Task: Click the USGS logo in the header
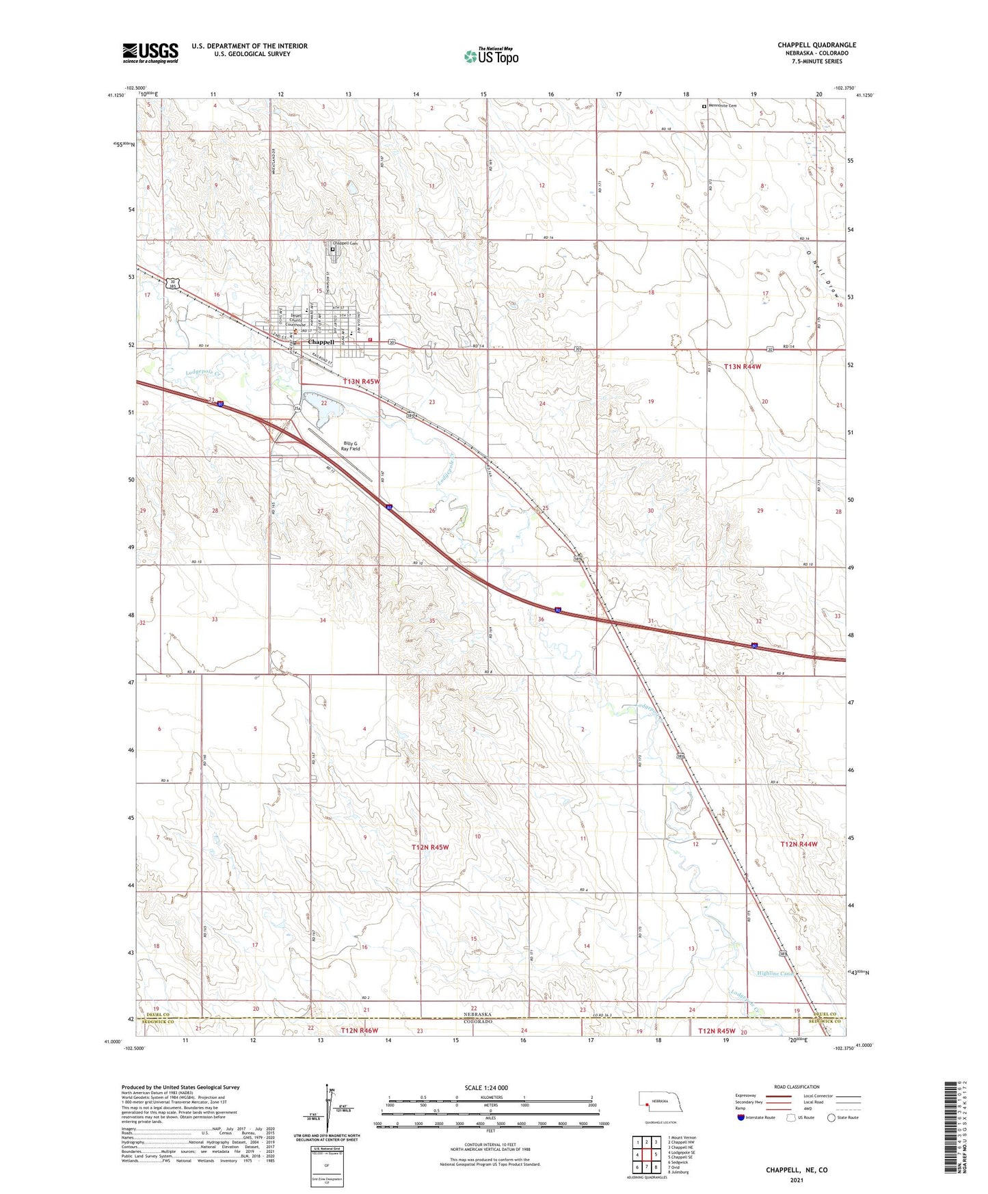(150, 52)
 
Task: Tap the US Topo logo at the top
(491, 56)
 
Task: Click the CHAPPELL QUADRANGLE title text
(816, 45)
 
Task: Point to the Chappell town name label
(321, 342)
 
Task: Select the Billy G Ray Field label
(351, 446)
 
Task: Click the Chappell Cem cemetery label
(345, 243)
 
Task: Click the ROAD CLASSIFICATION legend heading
(797, 1087)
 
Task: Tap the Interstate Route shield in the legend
(741, 1117)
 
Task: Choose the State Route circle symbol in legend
(831, 1117)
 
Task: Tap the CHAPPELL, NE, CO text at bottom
(796, 1170)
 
